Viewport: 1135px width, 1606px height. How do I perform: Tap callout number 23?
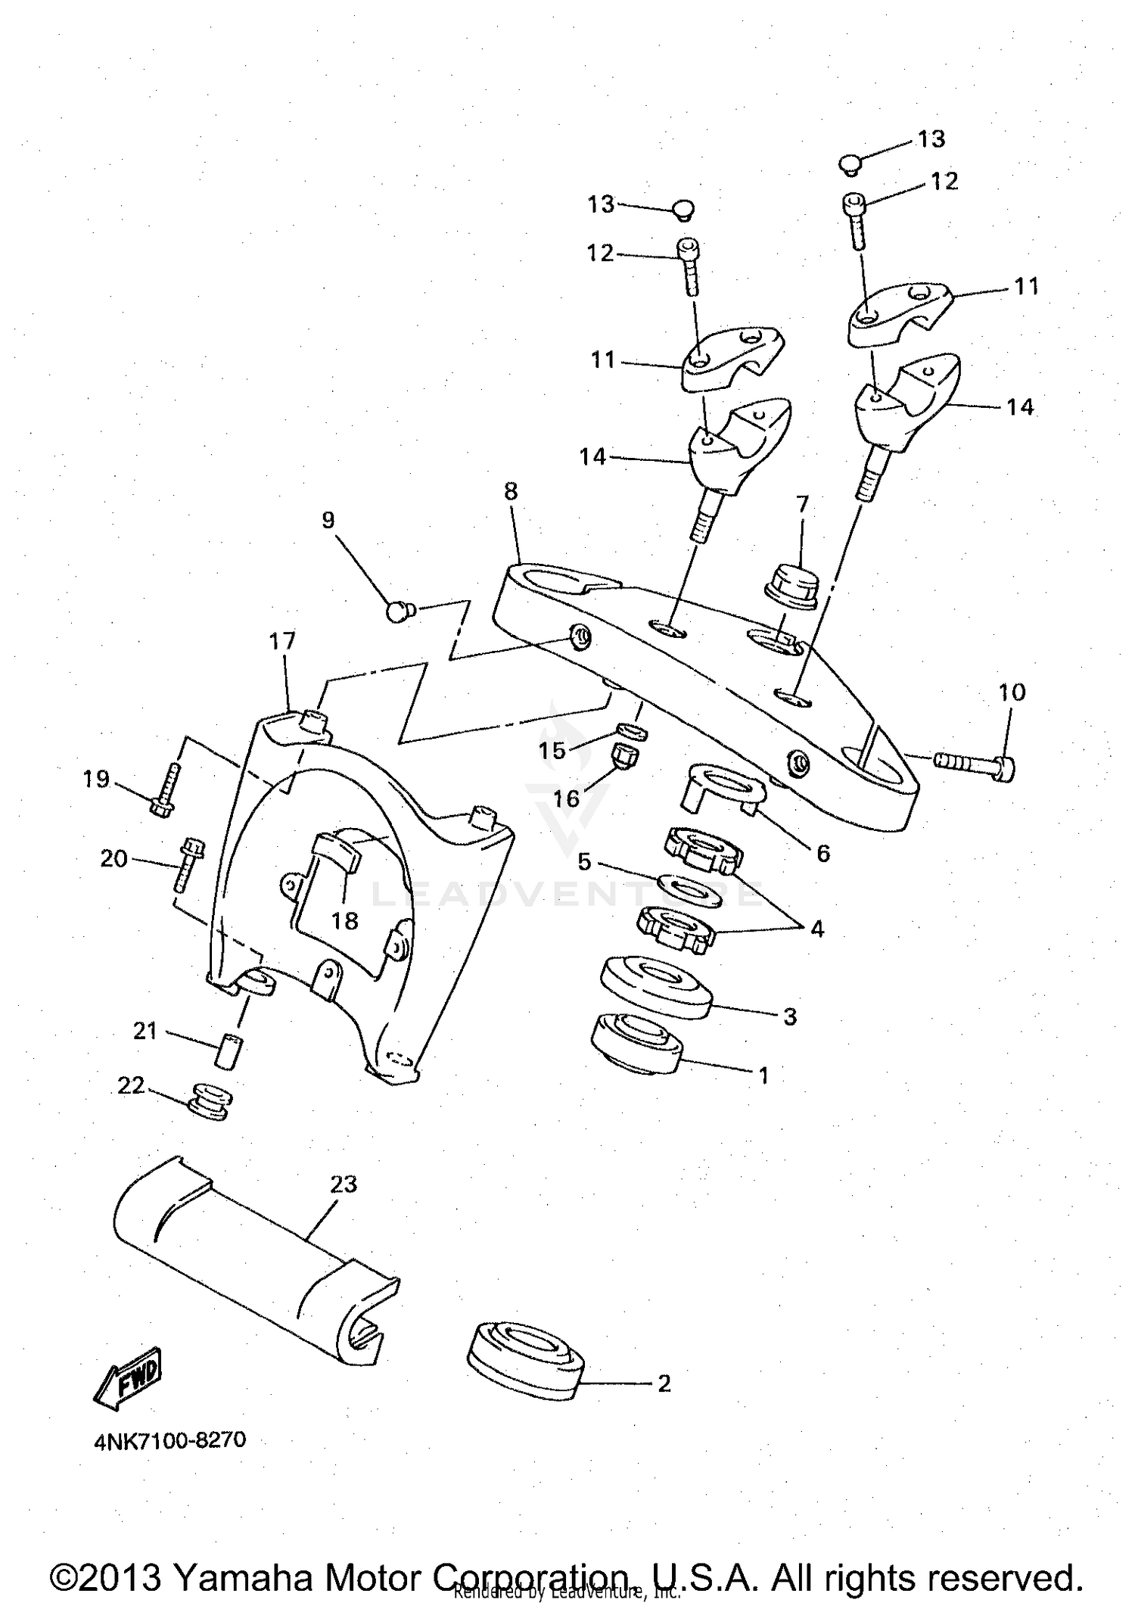[344, 1184]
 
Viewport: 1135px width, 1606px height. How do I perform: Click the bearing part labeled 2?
[525, 1362]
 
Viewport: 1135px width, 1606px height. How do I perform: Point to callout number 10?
[1012, 692]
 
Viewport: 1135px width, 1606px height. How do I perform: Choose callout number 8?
[511, 492]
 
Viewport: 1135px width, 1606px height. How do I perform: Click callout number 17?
[281, 641]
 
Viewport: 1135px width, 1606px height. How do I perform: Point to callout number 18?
[345, 921]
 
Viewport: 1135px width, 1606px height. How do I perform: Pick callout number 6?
[823, 854]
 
